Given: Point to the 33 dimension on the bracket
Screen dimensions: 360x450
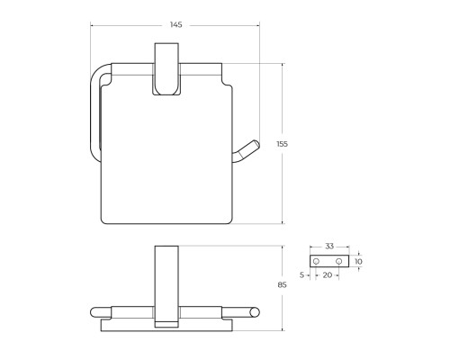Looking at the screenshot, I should pos(328,246).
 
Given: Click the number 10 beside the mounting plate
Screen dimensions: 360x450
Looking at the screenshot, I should pos(359,261).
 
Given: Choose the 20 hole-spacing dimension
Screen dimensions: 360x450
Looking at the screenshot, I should pos(328,275).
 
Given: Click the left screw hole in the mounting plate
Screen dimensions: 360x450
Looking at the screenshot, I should pos(317,261).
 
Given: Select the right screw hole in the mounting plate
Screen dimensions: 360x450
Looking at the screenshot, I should pos(338,261).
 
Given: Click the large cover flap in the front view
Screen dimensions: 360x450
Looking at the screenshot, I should pos(166,153).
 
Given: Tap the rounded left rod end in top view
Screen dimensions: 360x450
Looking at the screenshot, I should pos(94,312).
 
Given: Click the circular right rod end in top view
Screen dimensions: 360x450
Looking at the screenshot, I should pos(255,312).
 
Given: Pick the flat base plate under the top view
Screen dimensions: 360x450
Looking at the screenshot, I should pos(166,326).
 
